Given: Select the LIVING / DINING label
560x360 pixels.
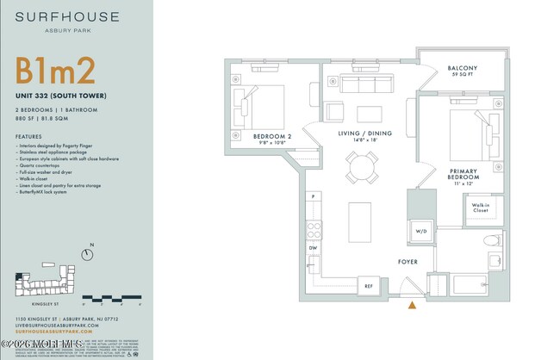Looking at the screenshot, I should [x=364, y=133].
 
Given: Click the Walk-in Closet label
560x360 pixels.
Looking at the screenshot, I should [x=481, y=207].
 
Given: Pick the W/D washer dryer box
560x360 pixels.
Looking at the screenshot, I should [x=421, y=232].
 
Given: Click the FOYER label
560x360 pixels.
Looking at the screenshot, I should [x=408, y=262].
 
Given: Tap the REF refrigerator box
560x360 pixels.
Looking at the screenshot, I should [x=369, y=285].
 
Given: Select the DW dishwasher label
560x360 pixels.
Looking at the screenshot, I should [x=314, y=248].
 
